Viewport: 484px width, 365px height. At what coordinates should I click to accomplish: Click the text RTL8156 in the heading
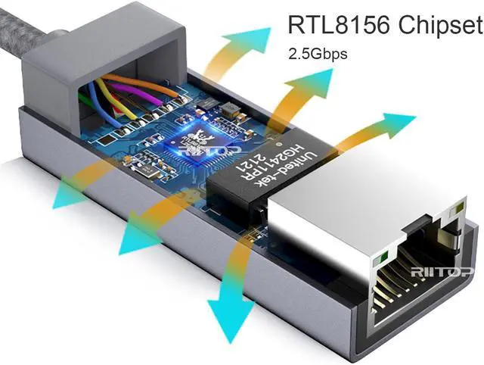(x=332, y=25)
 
